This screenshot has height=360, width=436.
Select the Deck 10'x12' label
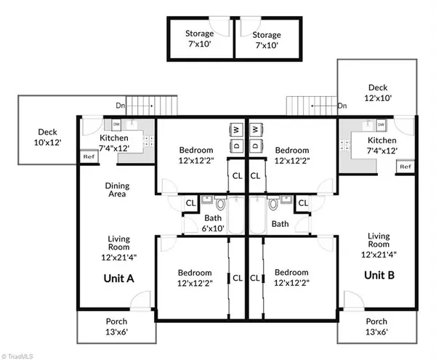[48, 137]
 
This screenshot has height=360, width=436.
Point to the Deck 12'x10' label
[378, 92]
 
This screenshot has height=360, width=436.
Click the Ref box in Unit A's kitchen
[88, 156]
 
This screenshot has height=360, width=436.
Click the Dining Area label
[116, 190]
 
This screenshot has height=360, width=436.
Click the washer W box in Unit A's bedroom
[236, 129]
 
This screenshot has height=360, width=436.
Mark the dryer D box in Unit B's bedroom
[256, 145]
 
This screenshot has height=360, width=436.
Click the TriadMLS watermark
[21, 354]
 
